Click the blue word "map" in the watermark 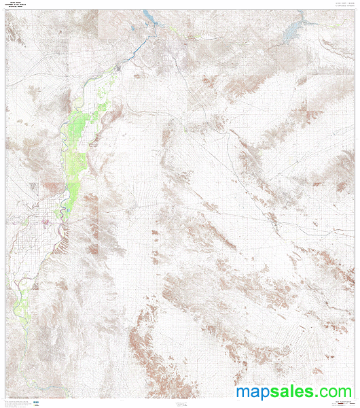(x=255, y=392)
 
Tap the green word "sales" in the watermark (x=293, y=392)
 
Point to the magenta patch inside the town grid (x=48, y=220)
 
